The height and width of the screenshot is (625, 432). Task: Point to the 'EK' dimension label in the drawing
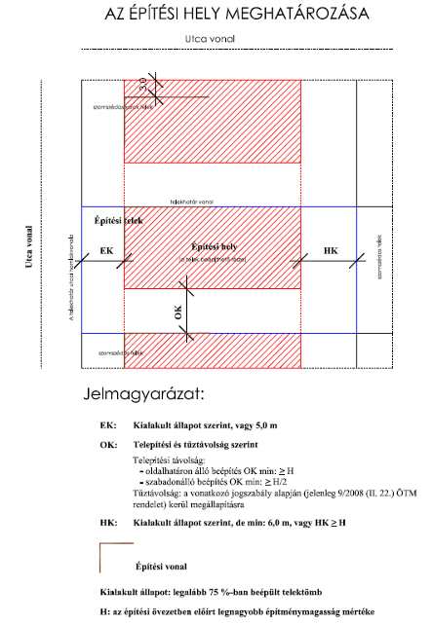107,251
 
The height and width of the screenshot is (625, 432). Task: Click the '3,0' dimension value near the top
142,86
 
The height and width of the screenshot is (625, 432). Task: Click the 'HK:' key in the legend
108,523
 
